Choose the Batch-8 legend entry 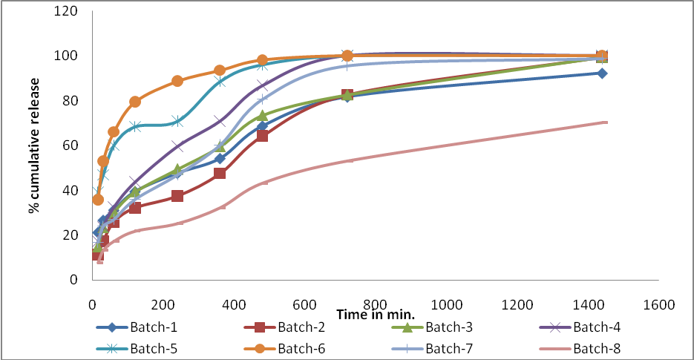pyautogui.click(x=593, y=347)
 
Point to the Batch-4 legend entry pyautogui.click(x=593, y=327)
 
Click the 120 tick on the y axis pyautogui.click(x=69, y=12)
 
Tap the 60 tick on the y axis pyautogui.click(x=72, y=145)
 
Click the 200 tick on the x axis pyautogui.click(x=163, y=304)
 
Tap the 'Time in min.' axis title pyautogui.click(x=375, y=315)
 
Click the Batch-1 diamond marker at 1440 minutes pyautogui.click(x=602, y=73)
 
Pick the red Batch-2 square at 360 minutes pyautogui.click(x=220, y=173)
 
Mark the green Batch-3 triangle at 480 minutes pyautogui.click(x=262, y=116)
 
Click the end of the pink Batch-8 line pyautogui.click(x=606, y=122)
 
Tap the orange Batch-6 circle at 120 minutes pyautogui.click(x=134, y=102)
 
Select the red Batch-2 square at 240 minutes pyautogui.click(x=177, y=196)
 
